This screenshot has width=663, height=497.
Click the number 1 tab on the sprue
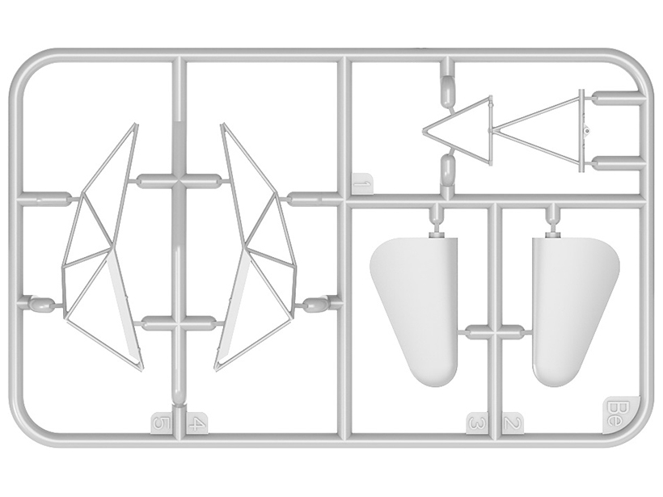click(x=362, y=184)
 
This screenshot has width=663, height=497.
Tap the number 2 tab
click(x=513, y=423)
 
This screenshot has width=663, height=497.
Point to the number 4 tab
click(x=196, y=423)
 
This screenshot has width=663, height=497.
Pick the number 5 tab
click(x=162, y=423)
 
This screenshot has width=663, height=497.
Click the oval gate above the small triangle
click(x=446, y=91)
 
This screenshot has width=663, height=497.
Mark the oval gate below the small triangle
click(x=446, y=169)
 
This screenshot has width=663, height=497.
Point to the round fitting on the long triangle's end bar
click(x=587, y=131)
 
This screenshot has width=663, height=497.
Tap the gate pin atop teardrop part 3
click(x=436, y=234)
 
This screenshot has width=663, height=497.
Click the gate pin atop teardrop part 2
click(x=552, y=234)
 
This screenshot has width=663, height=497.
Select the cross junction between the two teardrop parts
click(x=495, y=331)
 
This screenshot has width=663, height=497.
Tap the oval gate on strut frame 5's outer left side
click(x=40, y=304)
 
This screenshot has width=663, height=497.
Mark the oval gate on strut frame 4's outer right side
click(x=315, y=304)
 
